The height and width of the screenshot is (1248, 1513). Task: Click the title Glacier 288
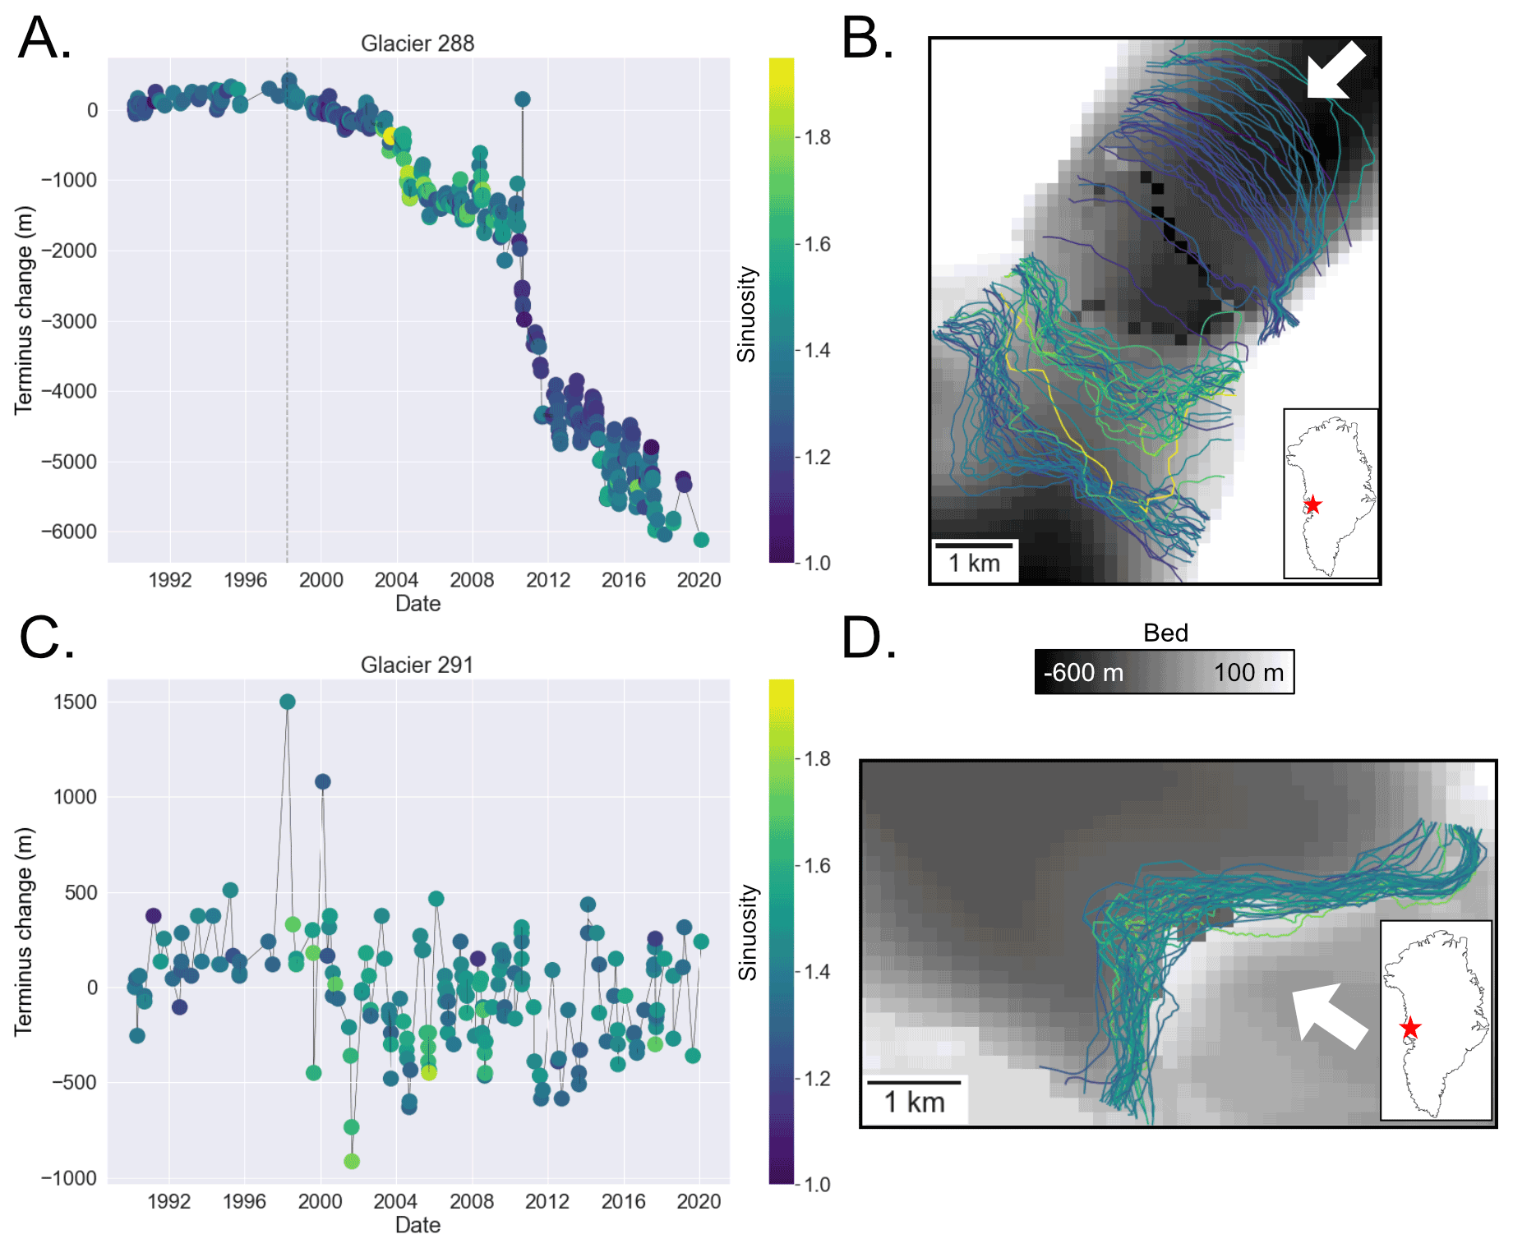[417, 44]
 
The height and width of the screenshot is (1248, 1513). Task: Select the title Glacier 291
[417, 665]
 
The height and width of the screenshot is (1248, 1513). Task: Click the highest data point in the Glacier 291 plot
[288, 702]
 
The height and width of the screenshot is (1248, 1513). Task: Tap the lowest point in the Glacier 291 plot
[352, 1161]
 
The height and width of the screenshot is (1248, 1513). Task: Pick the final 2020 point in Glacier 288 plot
[701, 540]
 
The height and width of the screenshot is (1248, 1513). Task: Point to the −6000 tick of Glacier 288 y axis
[69, 532]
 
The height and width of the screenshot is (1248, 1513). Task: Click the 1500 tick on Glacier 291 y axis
[75, 702]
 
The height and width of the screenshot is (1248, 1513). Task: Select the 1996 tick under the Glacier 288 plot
[245, 580]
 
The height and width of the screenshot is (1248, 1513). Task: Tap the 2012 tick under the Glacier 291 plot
[547, 1201]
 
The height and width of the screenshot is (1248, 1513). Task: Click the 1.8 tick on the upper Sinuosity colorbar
[817, 137]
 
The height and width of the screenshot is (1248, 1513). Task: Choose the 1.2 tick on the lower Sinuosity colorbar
[817, 1078]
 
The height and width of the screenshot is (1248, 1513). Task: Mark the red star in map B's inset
[1312, 504]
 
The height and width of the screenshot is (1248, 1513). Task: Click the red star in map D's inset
[1410, 1028]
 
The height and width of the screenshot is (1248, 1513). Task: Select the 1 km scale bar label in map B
[974, 564]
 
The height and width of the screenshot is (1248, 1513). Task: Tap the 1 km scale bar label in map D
[914, 1102]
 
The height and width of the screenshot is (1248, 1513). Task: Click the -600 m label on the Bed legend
[1083, 673]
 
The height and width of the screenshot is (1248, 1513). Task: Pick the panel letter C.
[46, 639]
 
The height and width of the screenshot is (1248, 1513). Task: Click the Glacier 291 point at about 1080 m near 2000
[323, 781]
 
